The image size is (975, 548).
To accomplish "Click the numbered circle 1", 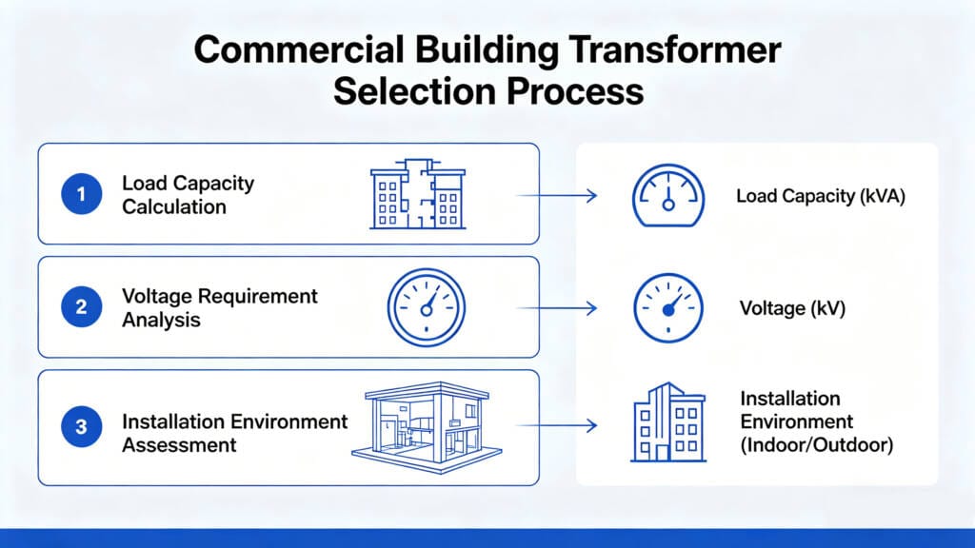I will [x=81, y=194].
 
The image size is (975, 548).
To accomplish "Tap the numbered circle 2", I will [x=81, y=307].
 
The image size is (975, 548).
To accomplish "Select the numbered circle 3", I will [x=81, y=428].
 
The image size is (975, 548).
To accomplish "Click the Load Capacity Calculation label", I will [x=188, y=194].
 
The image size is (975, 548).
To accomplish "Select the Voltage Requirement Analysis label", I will [x=219, y=307].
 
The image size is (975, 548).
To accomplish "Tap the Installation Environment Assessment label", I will [x=234, y=432].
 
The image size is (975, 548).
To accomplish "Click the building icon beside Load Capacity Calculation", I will [x=416, y=194].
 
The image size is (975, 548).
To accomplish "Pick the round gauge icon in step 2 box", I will [x=426, y=307].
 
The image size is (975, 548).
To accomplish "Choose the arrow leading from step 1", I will [x=556, y=196].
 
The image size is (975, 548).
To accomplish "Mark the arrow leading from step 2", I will [x=556, y=308].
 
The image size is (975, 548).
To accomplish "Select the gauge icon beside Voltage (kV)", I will [x=668, y=308].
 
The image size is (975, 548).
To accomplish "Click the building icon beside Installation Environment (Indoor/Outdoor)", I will [x=668, y=423].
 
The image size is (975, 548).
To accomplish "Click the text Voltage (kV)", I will [x=792, y=308].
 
